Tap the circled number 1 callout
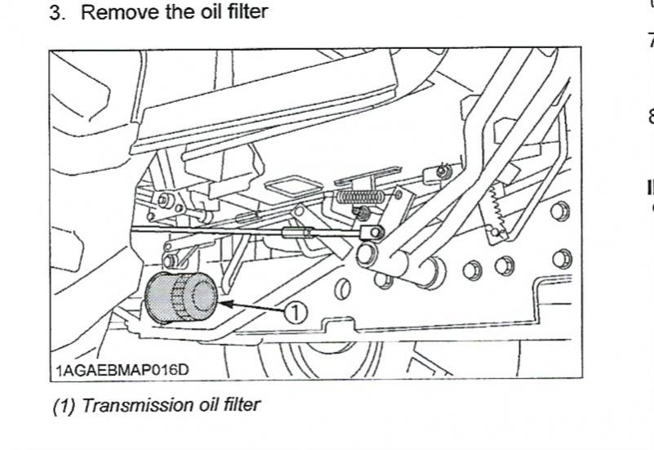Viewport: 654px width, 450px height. [296, 311]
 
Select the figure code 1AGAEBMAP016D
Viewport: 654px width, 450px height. [122, 371]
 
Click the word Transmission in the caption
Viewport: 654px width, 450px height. [122, 404]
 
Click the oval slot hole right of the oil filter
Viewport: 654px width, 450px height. [345, 287]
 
